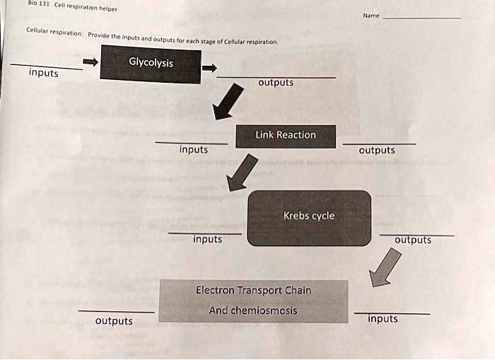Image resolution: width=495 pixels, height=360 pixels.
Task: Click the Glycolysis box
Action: [x=151, y=64]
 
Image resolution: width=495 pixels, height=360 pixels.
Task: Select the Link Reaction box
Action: [x=286, y=136]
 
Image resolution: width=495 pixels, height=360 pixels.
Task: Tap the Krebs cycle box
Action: [x=309, y=217]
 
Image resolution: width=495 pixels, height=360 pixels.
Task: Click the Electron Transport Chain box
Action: [x=253, y=301]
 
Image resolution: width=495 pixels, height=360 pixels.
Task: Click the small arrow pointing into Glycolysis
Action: [x=91, y=62]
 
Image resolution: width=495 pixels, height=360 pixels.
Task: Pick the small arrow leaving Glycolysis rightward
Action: [x=209, y=69]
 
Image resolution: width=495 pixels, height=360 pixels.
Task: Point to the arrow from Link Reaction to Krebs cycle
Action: [x=241, y=173]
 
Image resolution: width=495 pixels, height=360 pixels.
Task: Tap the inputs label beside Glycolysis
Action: [x=44, y=73]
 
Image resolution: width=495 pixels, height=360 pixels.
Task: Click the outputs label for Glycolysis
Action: [x=276, y=83]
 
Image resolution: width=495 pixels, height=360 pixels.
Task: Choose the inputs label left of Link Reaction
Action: [x=194, y=149]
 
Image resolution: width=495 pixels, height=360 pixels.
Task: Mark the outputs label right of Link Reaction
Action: [x=377, y=150]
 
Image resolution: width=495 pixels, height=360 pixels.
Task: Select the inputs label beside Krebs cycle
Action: [x=208, y=239]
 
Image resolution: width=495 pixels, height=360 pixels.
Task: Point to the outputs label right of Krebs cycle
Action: [x=413, y=240]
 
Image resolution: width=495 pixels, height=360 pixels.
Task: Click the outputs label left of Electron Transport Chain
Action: [x=114, y=321]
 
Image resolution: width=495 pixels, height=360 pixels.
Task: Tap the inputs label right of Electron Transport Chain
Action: [x=383, y=319]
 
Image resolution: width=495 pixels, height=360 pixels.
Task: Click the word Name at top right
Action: [x=371, y=16]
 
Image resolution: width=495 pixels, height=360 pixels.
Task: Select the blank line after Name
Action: [x=421, y=18]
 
